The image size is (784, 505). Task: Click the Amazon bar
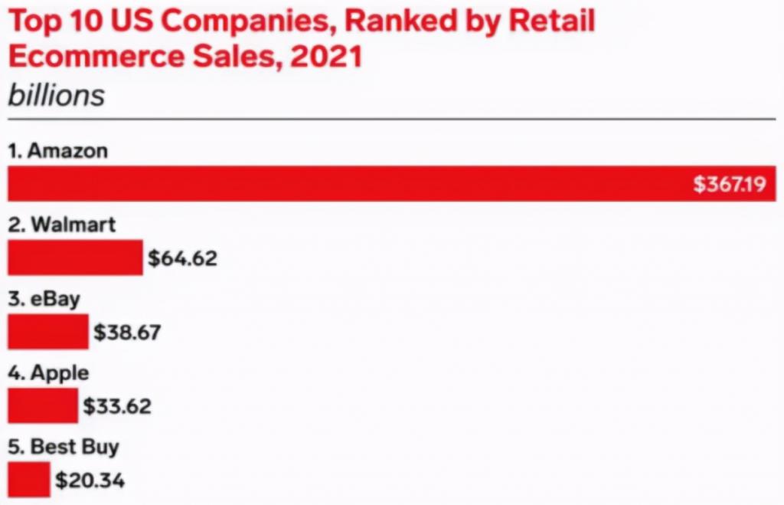(345, 184)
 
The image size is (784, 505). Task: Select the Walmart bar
(75, 257)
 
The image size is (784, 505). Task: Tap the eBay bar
(48, 332)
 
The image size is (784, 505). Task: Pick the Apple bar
(43, 405)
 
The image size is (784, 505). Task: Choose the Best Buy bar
(29, 480)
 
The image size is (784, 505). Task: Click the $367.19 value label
(729, 185)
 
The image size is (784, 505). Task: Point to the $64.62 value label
(182, 258)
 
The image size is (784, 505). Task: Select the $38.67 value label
(127, 333)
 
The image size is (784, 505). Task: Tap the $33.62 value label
(117, 406)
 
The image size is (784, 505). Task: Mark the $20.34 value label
(90, 480)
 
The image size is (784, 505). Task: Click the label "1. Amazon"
(57, 150)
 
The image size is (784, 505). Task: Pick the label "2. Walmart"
(62, 225)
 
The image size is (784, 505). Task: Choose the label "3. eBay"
(44, 299)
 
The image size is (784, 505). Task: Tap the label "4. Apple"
(48, 373)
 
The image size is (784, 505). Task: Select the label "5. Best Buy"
(64, 447)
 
